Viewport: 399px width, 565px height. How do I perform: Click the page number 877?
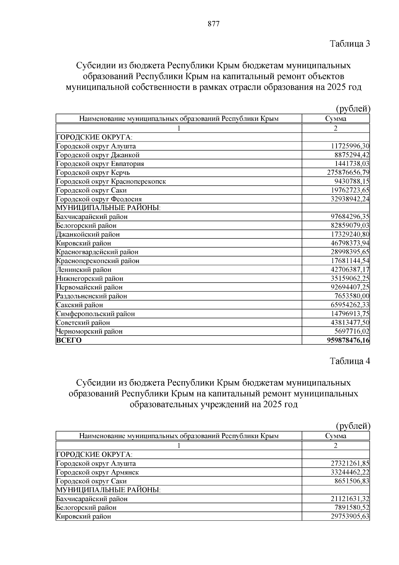click(213, 24)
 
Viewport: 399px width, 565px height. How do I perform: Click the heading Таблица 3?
click(349, 44)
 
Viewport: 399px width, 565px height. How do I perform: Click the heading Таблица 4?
click(349, 361)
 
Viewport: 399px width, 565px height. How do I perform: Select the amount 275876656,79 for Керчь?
click(346, 172)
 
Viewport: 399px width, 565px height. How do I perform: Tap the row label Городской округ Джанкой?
click(98, 155)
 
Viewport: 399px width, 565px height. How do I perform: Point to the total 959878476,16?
click(348, 340)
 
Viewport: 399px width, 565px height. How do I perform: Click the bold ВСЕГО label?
click(69, 340)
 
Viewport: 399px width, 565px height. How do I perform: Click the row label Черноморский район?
click(89, 331)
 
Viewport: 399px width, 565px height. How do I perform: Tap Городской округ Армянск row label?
click(97, 472)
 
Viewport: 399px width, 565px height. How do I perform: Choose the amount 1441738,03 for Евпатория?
click(352, 163)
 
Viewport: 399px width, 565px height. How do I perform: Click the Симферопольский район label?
click(95, 314)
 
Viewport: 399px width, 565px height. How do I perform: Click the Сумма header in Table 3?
click(335, 119)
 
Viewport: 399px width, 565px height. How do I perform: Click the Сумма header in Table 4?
click(335, 436)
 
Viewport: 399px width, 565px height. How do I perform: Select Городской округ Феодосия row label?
click(99, 199)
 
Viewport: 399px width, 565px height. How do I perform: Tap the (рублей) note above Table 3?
click(353, 109)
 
